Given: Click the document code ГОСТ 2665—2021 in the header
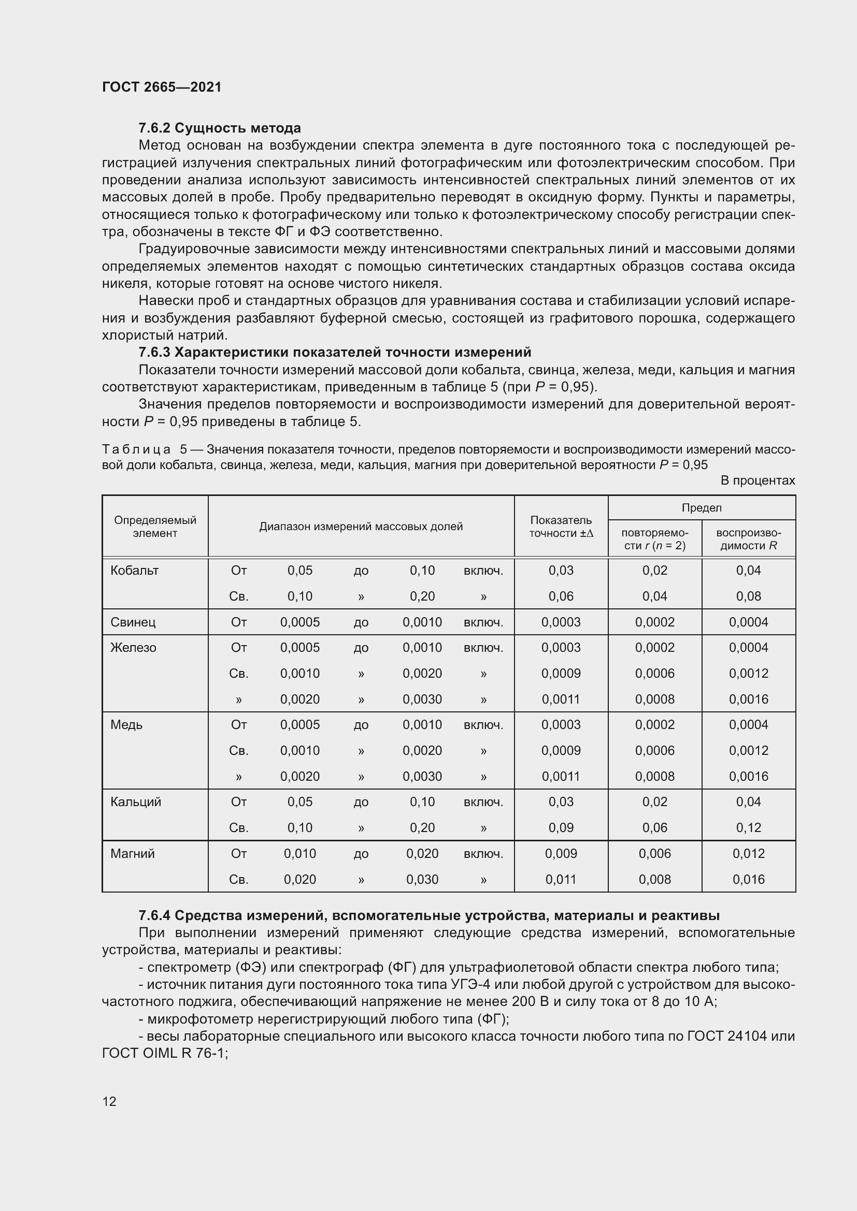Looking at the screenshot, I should (x=162, y=87).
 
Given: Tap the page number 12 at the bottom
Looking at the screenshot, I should (x=109, y=1101).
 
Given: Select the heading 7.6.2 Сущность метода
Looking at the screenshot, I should (x=220, y=128).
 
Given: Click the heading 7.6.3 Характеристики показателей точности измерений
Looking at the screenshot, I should (x=335, y=353).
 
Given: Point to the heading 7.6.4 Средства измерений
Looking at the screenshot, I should (x=429, y=915).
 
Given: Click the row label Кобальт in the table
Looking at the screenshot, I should (x=135, y=570).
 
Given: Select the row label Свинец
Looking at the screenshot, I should (x=133, y=622).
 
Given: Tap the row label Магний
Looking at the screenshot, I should (x=133, y=853).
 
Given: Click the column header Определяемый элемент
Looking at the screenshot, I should (x=155, y=527).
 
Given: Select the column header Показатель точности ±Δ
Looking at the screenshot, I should (x=561, y=527).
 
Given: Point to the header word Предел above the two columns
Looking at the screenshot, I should (x=702, y=507).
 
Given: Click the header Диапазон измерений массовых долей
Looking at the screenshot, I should (x=361, y=527).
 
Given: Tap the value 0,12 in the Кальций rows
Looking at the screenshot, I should (x=748, y=827).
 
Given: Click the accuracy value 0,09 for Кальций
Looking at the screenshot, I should (x=561, y=827).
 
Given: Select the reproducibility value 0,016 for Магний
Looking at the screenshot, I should (x=748, y=879).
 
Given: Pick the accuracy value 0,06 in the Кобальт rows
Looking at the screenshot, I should (x=561, y=596).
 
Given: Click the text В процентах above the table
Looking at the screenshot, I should (x=758, y=480).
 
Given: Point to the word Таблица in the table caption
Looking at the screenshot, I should (x=137, y=449).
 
